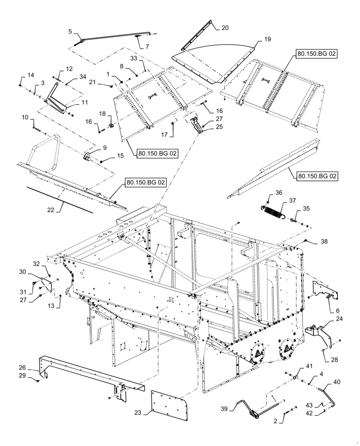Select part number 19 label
coord(267,40)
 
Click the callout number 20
coord(225,27)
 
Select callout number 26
coord(22,368)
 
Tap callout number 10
coord(25,117)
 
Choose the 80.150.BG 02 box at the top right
coord(315,54)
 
